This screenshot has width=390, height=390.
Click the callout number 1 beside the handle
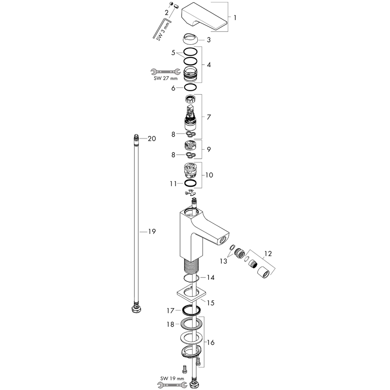pos(235,18)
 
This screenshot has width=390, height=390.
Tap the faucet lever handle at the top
pos(204,17)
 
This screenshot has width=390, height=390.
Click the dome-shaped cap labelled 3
pos(190,39)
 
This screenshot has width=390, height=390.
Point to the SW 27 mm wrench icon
pos(165,72)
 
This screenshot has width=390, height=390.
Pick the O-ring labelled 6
pos(190,88)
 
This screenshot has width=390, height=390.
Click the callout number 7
pos(209,117)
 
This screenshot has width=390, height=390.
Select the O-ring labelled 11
pos(190,183)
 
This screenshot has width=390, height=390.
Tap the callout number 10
pos(209,175)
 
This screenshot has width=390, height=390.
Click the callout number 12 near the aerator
pos(268,253)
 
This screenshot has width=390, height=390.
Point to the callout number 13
pos(223,261)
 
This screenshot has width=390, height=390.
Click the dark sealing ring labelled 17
pos(191,310)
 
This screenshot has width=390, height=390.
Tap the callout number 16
pos(211,343)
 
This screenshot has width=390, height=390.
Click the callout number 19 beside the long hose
pos(152,232)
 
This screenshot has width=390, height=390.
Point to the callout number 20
pos(152,138)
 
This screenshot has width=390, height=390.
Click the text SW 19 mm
pos(172,378)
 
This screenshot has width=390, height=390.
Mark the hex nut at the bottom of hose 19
pos(136,309)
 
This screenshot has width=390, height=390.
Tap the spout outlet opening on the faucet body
pos(223,239)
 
